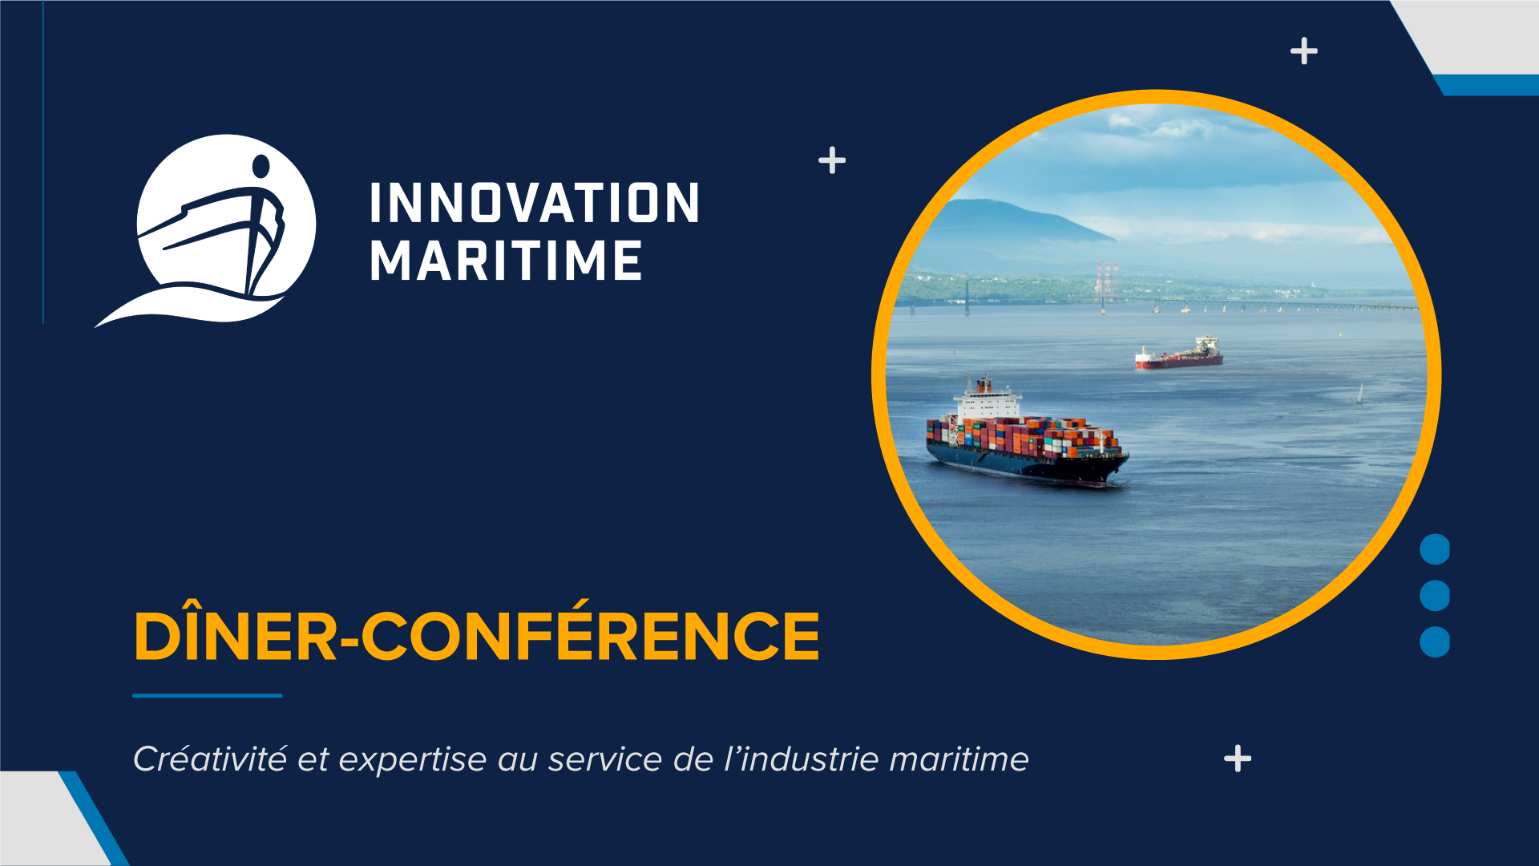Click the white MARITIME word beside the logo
click(x=506, y=260)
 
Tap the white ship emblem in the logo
click(x=205, y=230)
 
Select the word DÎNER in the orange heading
click(x=236, y=633)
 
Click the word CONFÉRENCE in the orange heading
click(x=591, y=633)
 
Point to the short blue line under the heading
click(x=207, y=695)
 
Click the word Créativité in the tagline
click(x=209, y=759)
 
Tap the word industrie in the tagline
click(x=810, y=759)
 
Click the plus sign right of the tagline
click(x=1238, y=759)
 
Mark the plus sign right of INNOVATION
click(x=832, y=160)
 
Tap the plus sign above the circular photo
click(x=1304, y=51)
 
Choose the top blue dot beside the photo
click(x=1435, y=549)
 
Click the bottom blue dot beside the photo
click(x=1435, y=641)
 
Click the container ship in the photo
click(x=1027, y=433)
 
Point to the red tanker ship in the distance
click(x=1179, y=354)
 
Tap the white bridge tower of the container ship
click(x=987, y=399)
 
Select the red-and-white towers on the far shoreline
click(x=1106, y=281)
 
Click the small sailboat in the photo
click(x=1359, y=394)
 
